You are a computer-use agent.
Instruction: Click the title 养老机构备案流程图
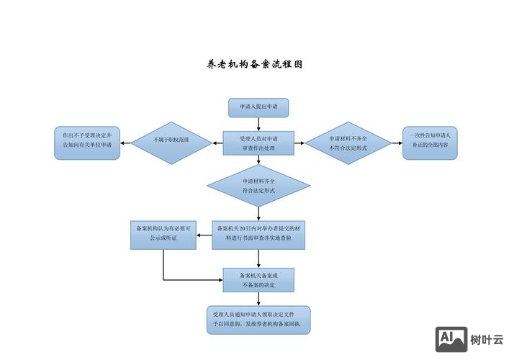(254, 64)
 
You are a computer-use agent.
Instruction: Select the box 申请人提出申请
(258, 107)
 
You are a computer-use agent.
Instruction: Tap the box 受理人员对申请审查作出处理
(258, 143)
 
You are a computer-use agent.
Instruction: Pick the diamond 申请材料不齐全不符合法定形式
(348, 143)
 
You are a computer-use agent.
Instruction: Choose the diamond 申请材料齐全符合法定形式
(258, 186)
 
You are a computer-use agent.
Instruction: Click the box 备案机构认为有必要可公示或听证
(163, 234)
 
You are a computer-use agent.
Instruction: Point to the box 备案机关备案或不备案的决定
(258, 279)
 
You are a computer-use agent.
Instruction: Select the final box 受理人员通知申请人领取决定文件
(258, 320)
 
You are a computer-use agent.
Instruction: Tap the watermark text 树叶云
(487, 341)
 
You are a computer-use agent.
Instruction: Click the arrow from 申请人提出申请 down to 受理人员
(258, 123)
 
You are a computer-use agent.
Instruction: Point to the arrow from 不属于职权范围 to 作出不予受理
(126, 143)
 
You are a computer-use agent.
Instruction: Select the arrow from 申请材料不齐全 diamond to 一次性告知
(396, 143)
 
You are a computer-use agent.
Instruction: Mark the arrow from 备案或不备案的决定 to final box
(258, 299)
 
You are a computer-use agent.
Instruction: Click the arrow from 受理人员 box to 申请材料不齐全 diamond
(300, 143)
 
